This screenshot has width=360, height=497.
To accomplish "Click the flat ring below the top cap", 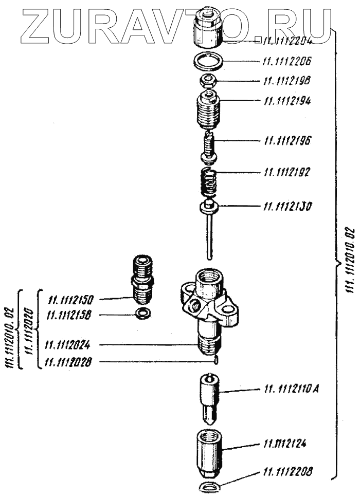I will (x=208, y=63).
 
